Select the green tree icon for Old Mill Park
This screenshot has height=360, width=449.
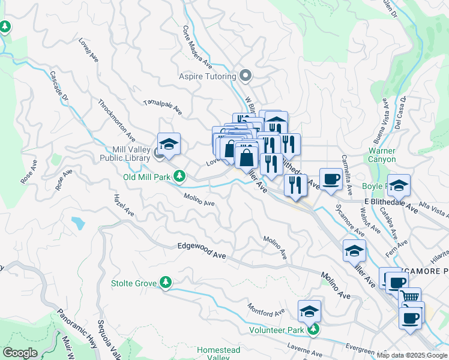179,176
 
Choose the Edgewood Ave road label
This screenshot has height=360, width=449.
202,251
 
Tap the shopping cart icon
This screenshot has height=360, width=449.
409,297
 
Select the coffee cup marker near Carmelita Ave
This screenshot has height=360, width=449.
331,178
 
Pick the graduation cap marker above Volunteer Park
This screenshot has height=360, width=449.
309,311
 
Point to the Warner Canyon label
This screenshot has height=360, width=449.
382,155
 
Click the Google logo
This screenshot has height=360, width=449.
20,353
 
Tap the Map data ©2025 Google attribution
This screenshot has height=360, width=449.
412,355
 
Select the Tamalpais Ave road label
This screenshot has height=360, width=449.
162,107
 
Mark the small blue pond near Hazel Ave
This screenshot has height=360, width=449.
78,223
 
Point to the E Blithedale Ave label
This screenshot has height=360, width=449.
390,204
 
